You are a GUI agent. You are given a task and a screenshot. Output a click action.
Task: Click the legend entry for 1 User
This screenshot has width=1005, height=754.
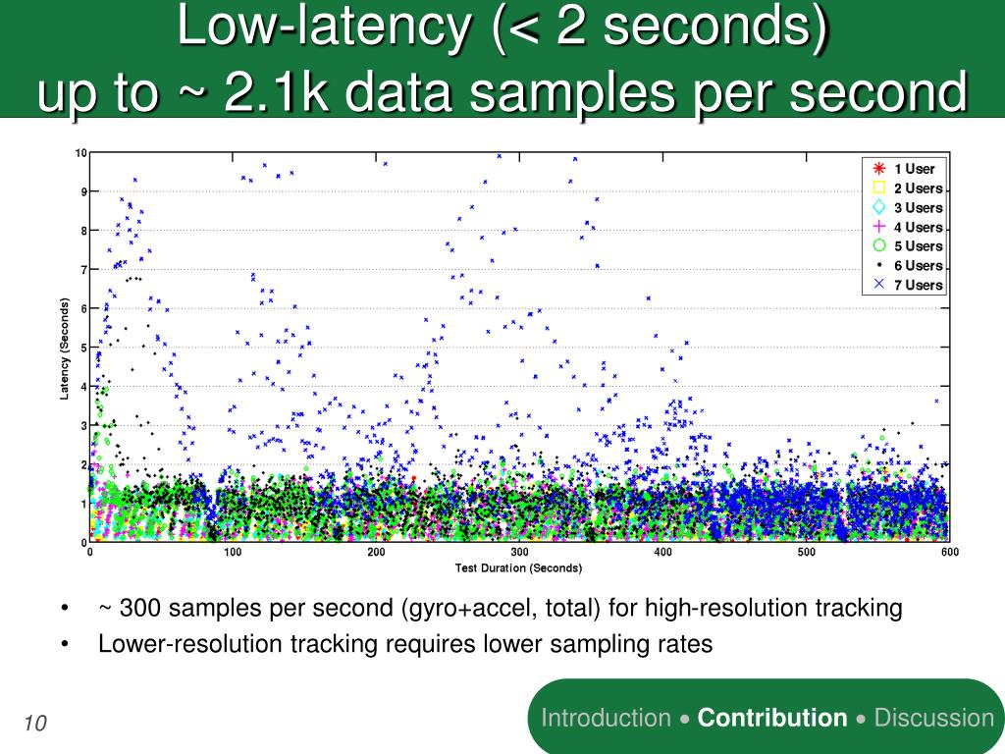[x=913, y=169]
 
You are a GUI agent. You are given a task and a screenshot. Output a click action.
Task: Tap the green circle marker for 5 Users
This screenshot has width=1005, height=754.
[x=879, y=245]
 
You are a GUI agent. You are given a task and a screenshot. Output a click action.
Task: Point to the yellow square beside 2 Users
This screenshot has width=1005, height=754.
[x=879, y=188]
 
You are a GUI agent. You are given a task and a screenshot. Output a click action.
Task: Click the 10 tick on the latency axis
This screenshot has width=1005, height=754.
[x=81, y=152]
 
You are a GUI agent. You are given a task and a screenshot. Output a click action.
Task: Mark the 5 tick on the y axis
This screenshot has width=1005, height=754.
[x=83, y=347]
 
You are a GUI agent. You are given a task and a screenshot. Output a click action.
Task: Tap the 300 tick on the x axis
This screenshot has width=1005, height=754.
[x=519, y=553]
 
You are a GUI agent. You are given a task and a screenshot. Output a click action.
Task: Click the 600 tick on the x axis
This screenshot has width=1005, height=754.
[x=949, y=553]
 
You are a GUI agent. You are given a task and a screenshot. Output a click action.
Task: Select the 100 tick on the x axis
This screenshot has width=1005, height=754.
[x=233, y=553]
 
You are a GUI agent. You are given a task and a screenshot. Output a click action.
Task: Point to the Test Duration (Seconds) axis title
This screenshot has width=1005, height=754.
[x=518, y=568]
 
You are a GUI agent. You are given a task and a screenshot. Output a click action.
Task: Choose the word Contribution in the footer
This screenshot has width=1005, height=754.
[x=771, y=718]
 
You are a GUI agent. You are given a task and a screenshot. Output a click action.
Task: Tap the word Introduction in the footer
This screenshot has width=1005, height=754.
[x=607, y=718]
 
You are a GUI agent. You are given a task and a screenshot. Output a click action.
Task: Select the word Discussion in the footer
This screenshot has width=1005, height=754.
[x=933, y=718]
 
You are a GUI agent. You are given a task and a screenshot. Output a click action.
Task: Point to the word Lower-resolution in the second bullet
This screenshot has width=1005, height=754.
[x=172, y=644]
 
